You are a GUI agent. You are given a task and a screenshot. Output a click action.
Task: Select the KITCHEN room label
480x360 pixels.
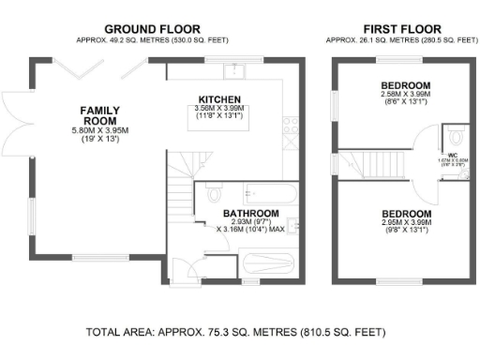click(x=220, y=99)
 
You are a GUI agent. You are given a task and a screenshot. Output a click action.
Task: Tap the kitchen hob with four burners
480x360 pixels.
click(x=292, y=122)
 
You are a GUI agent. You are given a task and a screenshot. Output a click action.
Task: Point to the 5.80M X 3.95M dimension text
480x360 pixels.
click(x=98, y=131)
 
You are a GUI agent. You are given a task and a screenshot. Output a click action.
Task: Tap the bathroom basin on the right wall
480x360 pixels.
click(x=293, y=225)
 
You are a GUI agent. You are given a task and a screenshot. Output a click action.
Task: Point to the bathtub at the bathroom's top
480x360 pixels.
click(x=270, y=195)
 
